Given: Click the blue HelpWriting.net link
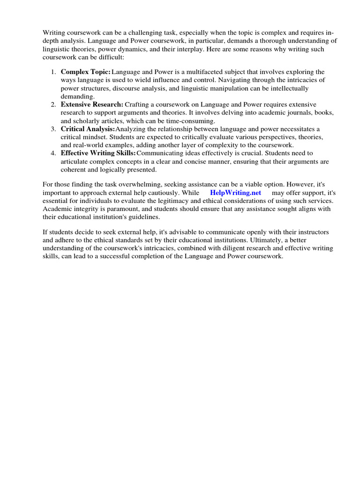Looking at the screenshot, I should pos(235,193).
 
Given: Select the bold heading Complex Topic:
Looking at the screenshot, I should pos(86,72).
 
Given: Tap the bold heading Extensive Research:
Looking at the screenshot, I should pos(92,105).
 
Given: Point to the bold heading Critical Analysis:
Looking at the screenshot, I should pos(88,129).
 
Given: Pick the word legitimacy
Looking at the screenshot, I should pos(168,201).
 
